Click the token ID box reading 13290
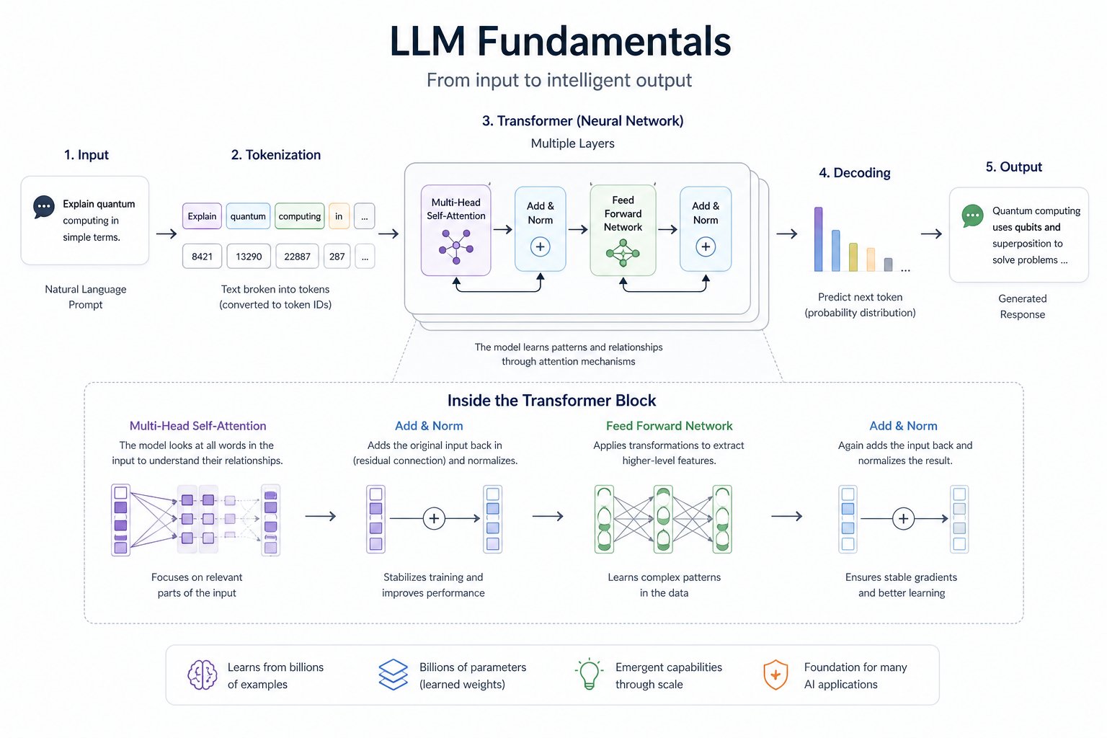(249, 257)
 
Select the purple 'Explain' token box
(202, 216)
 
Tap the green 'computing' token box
(299, 216)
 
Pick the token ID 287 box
(337, 257)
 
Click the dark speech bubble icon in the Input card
(44, 207)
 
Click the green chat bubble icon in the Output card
(972, 215)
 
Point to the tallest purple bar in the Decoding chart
(818, 239)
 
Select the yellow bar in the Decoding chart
(853, 257)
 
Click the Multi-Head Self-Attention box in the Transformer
(455, 231)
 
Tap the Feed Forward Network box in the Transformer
(623, 231)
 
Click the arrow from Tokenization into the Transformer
(388, 234)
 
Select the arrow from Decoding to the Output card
(931, 234)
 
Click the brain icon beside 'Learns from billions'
(203, 675)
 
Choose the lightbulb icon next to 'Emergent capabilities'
(590, 675)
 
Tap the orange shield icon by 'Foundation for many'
(775, 675)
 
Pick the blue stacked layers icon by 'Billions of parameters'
(394, 675)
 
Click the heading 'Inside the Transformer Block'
(551, 401)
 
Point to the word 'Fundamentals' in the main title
(604, 41)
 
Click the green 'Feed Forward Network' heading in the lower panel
(669, 426)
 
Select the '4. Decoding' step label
(855, 173)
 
